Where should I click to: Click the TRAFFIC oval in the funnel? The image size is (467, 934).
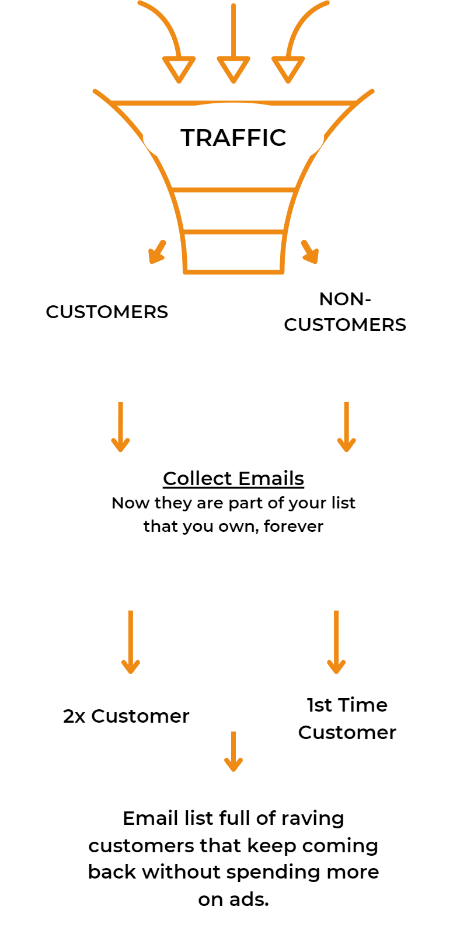coord(233,138)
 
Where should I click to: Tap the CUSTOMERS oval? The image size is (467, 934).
coord(107,312)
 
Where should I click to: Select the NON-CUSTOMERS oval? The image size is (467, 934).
coord(344,312)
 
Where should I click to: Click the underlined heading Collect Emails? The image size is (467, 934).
coord(233,478)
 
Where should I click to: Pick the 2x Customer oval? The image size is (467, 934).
coord(126,716)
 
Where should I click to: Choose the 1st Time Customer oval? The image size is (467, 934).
coord(347,719)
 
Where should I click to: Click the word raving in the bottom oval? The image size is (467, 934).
coord(312,818)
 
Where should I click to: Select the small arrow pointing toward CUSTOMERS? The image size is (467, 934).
coord(157,252)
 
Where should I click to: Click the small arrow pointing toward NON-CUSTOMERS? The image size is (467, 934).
coord(310,252)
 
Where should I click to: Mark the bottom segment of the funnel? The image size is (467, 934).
coord(233,252)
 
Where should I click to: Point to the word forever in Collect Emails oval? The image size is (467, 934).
coord(293,526)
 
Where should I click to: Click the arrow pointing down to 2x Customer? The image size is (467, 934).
coord(130,642)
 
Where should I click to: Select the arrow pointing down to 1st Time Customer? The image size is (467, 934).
coord(336,642)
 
